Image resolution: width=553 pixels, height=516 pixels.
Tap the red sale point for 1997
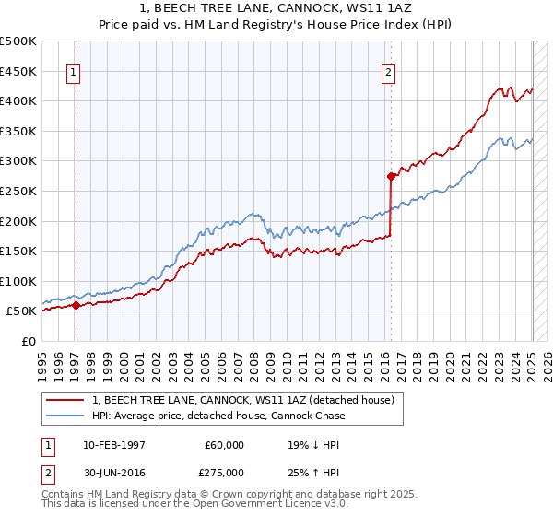pos(76,306)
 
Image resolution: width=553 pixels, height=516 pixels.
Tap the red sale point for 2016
pos(392,176)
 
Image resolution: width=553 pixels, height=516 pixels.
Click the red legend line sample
pos(67,400)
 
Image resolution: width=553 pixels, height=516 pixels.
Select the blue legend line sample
pos(67,416)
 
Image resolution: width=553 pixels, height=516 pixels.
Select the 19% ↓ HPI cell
pos(314,445)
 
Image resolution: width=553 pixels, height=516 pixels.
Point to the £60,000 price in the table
pos(225,445)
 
